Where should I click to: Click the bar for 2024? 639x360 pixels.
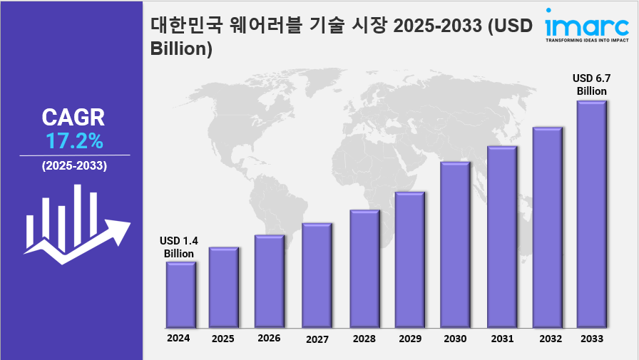180,294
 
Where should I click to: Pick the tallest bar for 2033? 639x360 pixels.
591,213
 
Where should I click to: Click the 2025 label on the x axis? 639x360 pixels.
223,339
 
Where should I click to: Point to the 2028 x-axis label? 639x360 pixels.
364,339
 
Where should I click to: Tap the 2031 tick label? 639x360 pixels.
502,339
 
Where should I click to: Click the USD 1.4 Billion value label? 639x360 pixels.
179,247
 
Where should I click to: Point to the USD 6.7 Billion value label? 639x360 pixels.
592,85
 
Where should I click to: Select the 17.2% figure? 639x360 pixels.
75,141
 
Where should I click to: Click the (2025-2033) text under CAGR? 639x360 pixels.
74,166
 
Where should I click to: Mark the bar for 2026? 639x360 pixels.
270,281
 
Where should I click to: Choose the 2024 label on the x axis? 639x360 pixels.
178,338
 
